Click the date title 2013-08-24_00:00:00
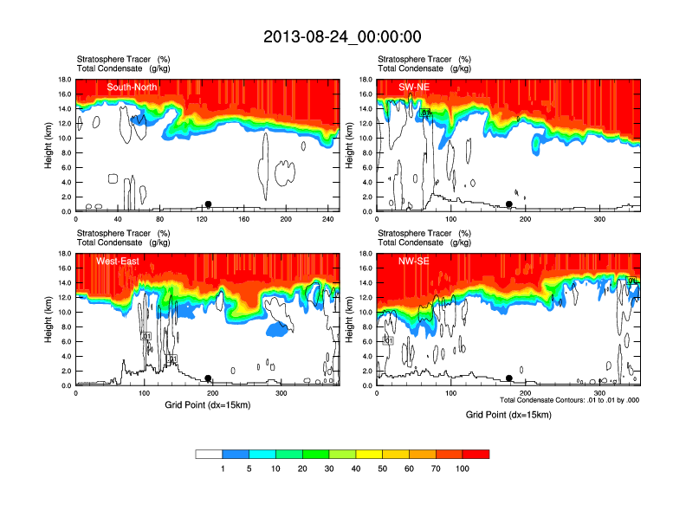(342, 36)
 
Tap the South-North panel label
(133, 87)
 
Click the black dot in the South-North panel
(208, 204)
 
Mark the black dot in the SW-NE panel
(509, 204)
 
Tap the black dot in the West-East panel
(208, 378)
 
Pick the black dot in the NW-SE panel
(509, 378)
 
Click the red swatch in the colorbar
(476, 454)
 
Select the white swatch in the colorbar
(209, 454)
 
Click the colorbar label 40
(356, 469)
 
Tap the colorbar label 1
(223, 469)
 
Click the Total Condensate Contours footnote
(569, 400)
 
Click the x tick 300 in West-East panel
(282, 394)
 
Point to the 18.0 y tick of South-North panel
(63, 80)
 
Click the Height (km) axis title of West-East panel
(47, 320)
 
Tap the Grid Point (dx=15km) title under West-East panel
(207, 405)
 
